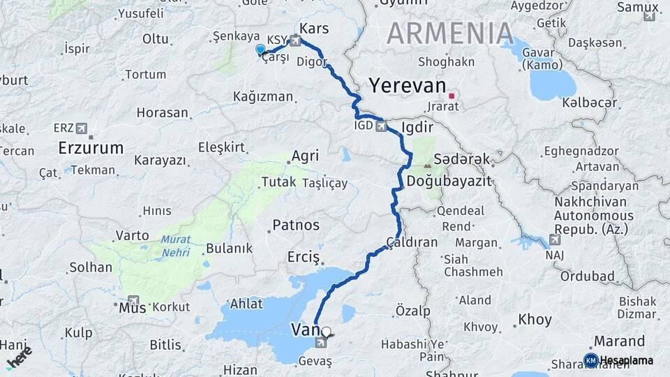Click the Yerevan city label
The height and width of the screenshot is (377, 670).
click(407, 86)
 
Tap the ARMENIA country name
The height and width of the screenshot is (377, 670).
click(450, 33)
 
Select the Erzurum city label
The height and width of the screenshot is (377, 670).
click(91, 148)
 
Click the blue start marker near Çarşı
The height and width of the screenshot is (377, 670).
click(260, 49)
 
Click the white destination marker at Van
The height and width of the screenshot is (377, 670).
click(326, 331)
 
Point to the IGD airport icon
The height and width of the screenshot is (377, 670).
click(381, 126)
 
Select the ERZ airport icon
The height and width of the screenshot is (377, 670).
click(82, 128)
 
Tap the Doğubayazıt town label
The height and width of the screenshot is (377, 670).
click(449, 182)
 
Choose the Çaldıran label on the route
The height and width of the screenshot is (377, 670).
click(412, 242)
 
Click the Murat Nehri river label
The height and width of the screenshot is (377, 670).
click(175, 246)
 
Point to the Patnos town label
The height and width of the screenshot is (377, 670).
click(296, 226)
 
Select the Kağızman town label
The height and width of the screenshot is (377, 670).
click(263, 96)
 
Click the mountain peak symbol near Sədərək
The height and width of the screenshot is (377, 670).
click(427, 165)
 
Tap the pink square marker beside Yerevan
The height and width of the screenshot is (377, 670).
click(452, 96)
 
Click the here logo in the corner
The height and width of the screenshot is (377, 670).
click(19, 357)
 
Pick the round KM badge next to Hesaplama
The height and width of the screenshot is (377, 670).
click(590, 360)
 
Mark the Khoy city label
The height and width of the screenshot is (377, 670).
click(535, 320)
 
